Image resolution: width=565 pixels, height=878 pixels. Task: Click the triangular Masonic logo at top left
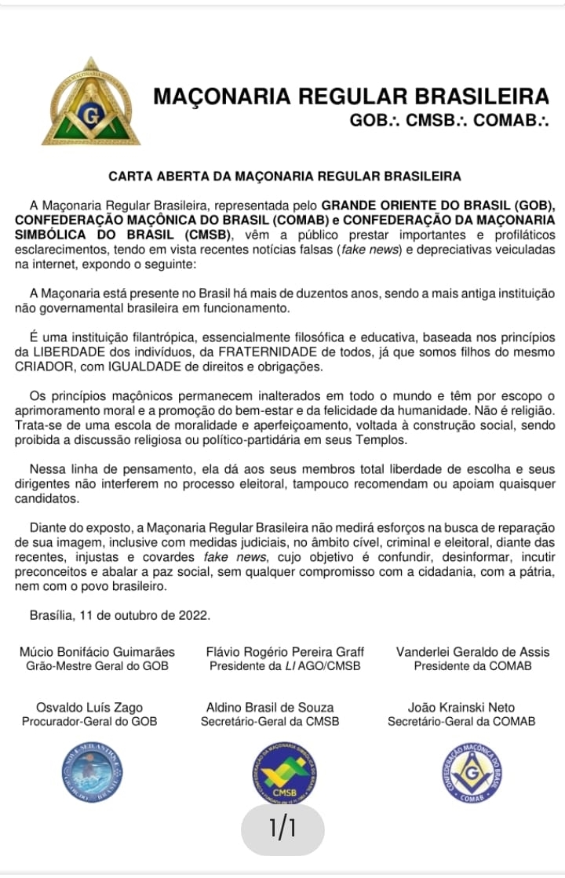[x=89, y=104]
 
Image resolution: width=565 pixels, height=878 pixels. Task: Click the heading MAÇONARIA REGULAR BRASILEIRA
[x=350, y=97]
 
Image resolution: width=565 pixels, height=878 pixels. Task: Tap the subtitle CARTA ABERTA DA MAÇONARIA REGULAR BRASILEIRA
[x=284, y=177]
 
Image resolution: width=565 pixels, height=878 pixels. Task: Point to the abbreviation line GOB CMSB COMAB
[x=449, y=121]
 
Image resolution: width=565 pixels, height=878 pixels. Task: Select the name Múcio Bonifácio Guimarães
[x=97, y=652]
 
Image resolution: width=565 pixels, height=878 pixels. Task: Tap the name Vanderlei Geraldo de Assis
[x=472, y=652]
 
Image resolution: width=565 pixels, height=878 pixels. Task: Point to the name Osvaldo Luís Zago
[x=89, y=707]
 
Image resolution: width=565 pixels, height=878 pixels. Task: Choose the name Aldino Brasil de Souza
[x=270, y=707]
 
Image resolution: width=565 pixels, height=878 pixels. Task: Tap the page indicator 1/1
[x=282, y=829]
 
